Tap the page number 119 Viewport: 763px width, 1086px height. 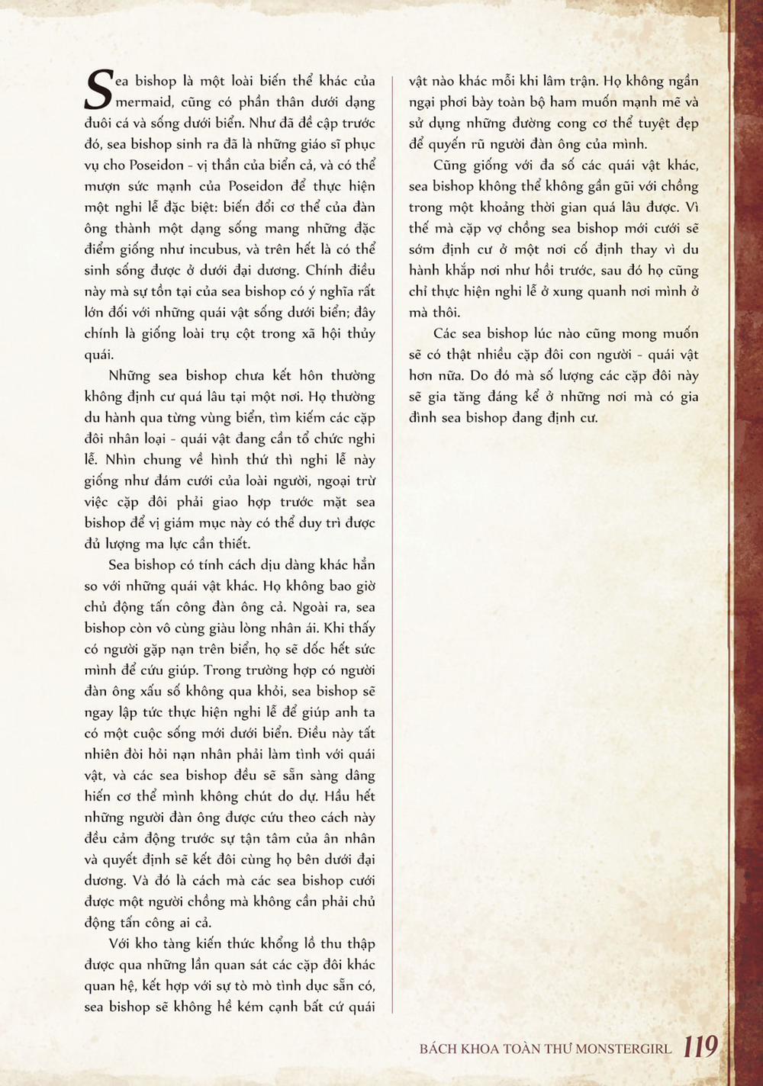pyautogui.click(x=700, y=1046)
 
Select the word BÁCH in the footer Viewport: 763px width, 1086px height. pyautogui.click(x=438, y=1049)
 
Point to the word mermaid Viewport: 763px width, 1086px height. pyautogui.click(x=143, y=102)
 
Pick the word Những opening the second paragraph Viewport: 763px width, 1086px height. pyautogui.click(x=130, y=376)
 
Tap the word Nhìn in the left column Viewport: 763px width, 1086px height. pyautogui.click(x=120, y=460)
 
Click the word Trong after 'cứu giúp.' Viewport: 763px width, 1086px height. pyautogui.click(x=222, y=670)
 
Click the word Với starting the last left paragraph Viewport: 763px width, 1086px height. pyautogui.click(x=121, y=943)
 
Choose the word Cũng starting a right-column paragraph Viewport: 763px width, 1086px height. pyautogui.click(x=449, y=165)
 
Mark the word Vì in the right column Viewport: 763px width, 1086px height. pyautogui.click(x=691, y=207)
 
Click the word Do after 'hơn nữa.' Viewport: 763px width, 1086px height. pyautogui.click(x=478, y=376)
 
